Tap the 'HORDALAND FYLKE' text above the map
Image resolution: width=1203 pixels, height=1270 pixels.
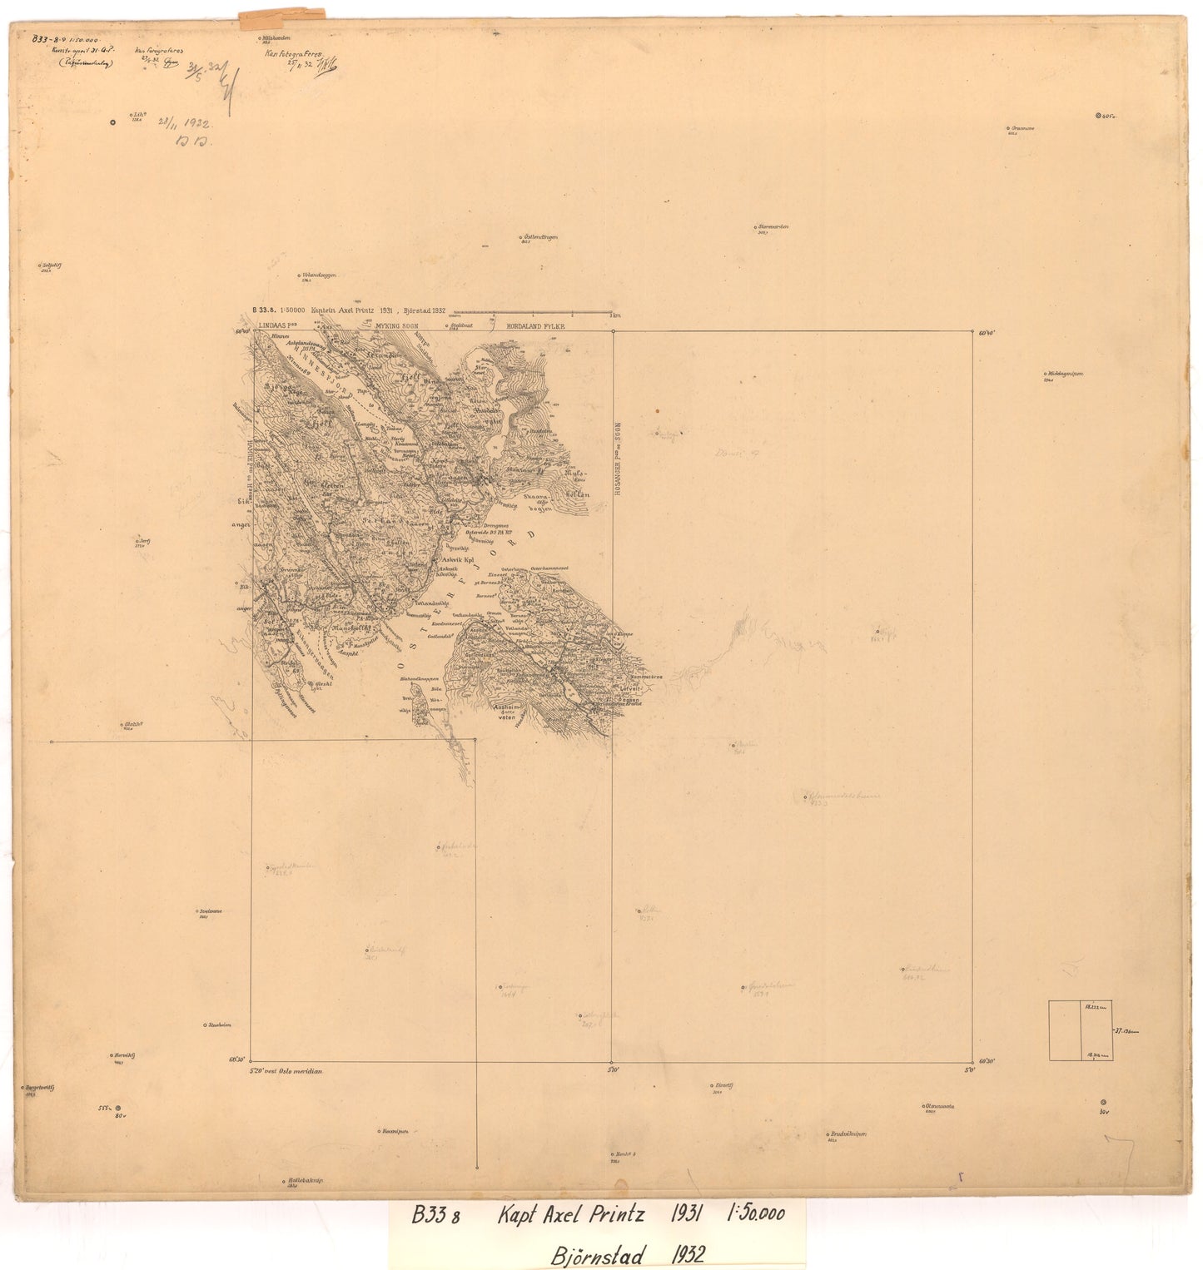pyautogui.click(x=529, y=326)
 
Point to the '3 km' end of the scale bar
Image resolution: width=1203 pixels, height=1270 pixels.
pyautogui.click(x=614, y=315)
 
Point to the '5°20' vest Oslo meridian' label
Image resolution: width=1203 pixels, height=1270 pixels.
pyautogui.click(x=286, y=1071)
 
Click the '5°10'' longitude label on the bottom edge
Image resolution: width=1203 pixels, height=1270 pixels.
pyautogui.click(x=612, y=1071)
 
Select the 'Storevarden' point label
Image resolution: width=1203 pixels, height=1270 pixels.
pyautogui.click(x=773, y=226)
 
